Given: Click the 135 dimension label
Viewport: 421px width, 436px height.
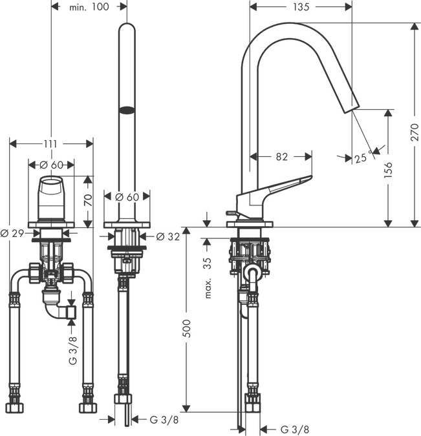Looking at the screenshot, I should click(301, 7).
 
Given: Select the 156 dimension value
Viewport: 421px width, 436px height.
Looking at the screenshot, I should click(387, 169).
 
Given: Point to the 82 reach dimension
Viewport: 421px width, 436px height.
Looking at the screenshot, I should click(281, 156).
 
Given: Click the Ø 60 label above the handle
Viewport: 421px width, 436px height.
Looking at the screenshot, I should click(51, 165).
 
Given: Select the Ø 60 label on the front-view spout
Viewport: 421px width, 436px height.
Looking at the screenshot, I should click(127, 197).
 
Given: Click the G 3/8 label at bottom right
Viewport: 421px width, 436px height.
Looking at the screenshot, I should click(294, 429).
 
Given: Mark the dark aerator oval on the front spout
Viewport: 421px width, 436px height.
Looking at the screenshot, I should click(127, 109).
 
